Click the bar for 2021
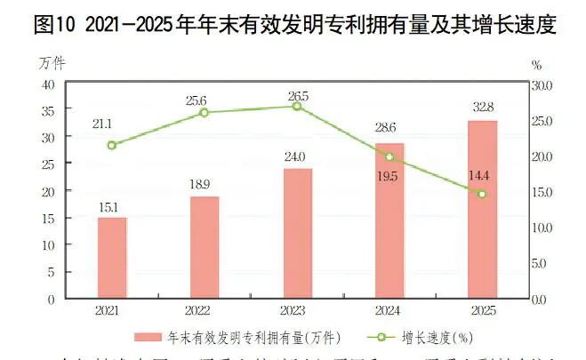pos(112,258)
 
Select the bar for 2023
pos(297,233)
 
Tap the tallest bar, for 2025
pos(482,209)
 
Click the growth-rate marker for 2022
pos(205,113)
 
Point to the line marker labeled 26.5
pos(297,107)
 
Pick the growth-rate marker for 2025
pos(482,194)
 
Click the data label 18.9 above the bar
pos(204,184)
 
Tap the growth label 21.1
pos(112,124)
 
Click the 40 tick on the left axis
pos(48,84)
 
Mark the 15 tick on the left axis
pos(48,218)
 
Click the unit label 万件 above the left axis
pos(52,63)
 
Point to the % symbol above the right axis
pos(535,64)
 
